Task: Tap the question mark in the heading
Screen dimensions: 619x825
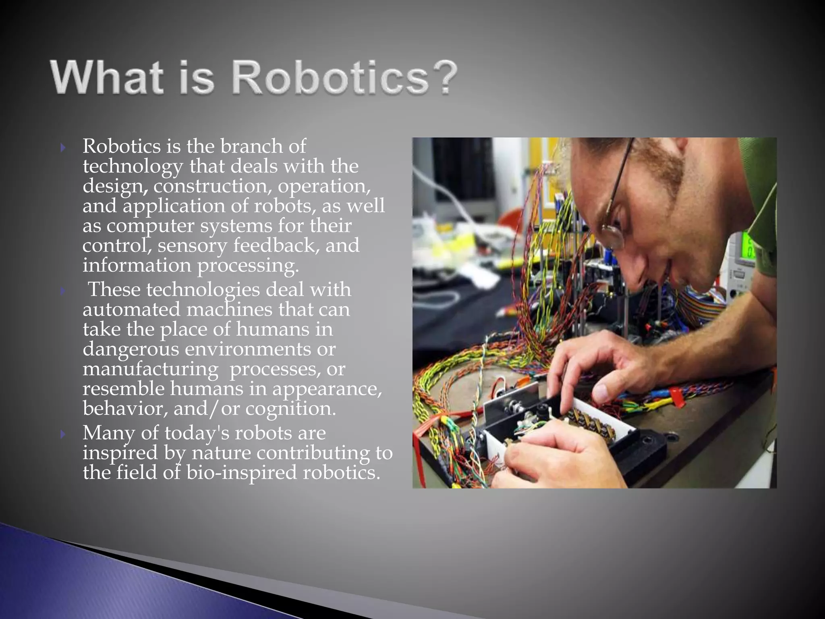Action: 445,77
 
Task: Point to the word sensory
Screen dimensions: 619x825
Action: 192,245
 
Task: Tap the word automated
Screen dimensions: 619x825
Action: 131,309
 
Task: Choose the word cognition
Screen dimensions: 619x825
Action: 290,409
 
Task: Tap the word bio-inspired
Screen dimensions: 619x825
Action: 241,473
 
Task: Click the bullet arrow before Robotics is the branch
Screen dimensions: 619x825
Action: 63,148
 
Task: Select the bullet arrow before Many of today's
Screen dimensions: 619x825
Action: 63,434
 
